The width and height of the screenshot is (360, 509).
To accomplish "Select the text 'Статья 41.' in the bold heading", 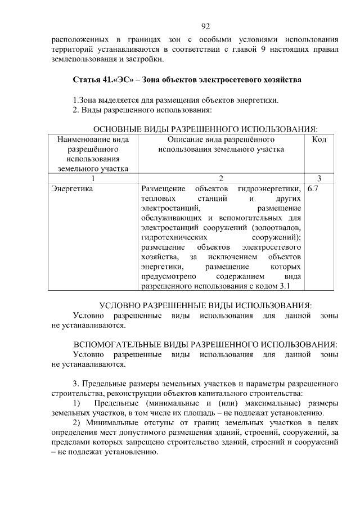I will [x=92, y=80].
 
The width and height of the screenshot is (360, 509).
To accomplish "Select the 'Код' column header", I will [x=319, y=139].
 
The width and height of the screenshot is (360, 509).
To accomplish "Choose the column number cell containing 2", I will [x=220, y=178].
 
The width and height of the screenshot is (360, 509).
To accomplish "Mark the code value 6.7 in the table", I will [x=313, y=189].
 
